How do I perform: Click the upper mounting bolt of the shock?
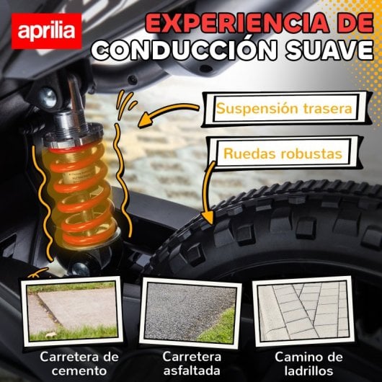click(49, 92)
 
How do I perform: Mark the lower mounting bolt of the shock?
click(80, 268)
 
